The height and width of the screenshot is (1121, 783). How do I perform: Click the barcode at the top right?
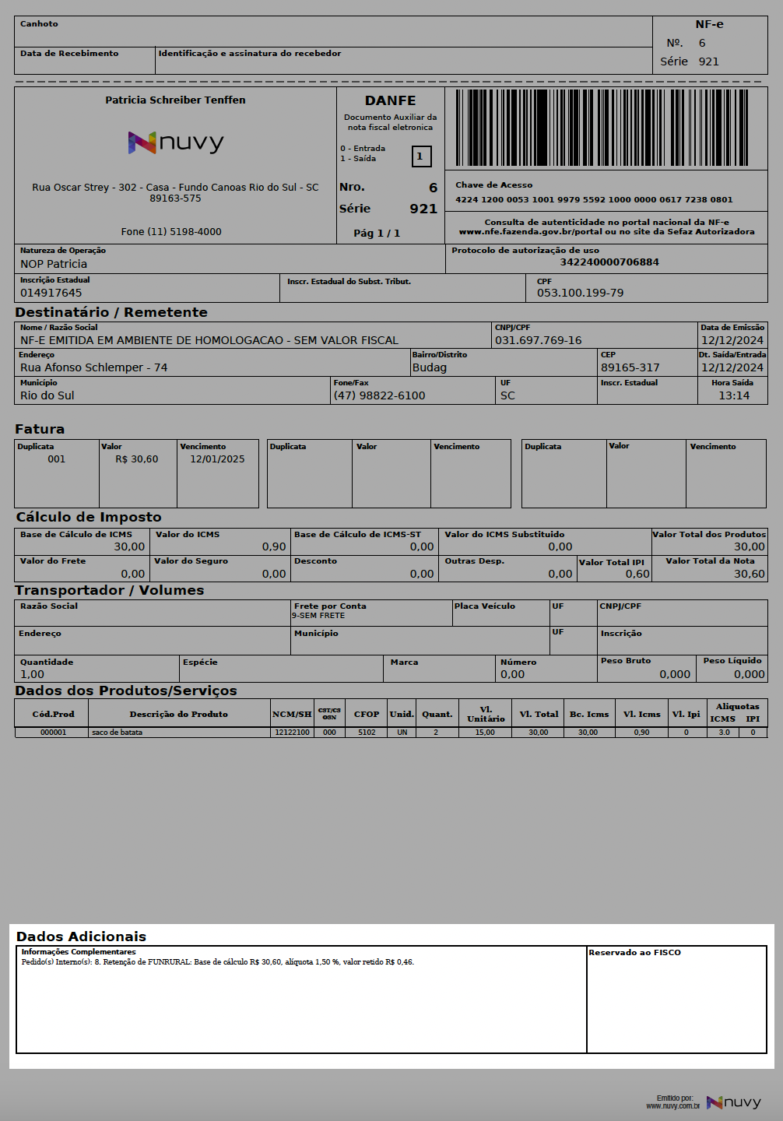[x=605, y=128]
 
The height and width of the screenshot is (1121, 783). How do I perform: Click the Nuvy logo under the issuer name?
[x=176, y=142]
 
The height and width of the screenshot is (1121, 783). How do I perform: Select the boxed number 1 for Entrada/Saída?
[x=420, y=156]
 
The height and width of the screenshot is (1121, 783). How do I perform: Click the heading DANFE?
[x=390, y=100]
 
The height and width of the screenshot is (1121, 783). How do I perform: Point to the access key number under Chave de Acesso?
[x=593, y=199]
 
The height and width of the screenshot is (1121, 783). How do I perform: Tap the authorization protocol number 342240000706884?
[x=609, y=262]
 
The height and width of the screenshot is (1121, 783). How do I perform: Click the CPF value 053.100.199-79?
[x=580, y=293]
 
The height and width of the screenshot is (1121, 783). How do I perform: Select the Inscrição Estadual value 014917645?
[x=51, y=293]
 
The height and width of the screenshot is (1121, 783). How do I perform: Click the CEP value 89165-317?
[x=630, y=367]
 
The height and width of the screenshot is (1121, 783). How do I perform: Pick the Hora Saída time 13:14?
[x=733, y=395]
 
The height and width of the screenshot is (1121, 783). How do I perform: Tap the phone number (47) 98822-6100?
[x=379, y=395]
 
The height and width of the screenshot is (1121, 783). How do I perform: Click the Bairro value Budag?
[x=430, y=367]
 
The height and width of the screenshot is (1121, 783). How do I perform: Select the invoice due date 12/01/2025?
[x=217, y=459]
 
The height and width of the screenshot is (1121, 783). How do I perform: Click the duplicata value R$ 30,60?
[x=136, y=459]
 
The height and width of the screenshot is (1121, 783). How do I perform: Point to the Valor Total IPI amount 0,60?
[x=637, y=574]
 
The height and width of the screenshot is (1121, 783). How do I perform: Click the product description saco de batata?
[x=117, y=733]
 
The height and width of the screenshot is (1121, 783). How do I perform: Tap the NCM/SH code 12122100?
[x=292, y=733]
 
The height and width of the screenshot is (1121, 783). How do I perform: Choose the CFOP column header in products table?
[x=367, y=714]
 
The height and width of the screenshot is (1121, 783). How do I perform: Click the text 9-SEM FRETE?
[x=318, y=616]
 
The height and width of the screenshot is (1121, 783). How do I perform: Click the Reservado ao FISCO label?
[x=634, y=952]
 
